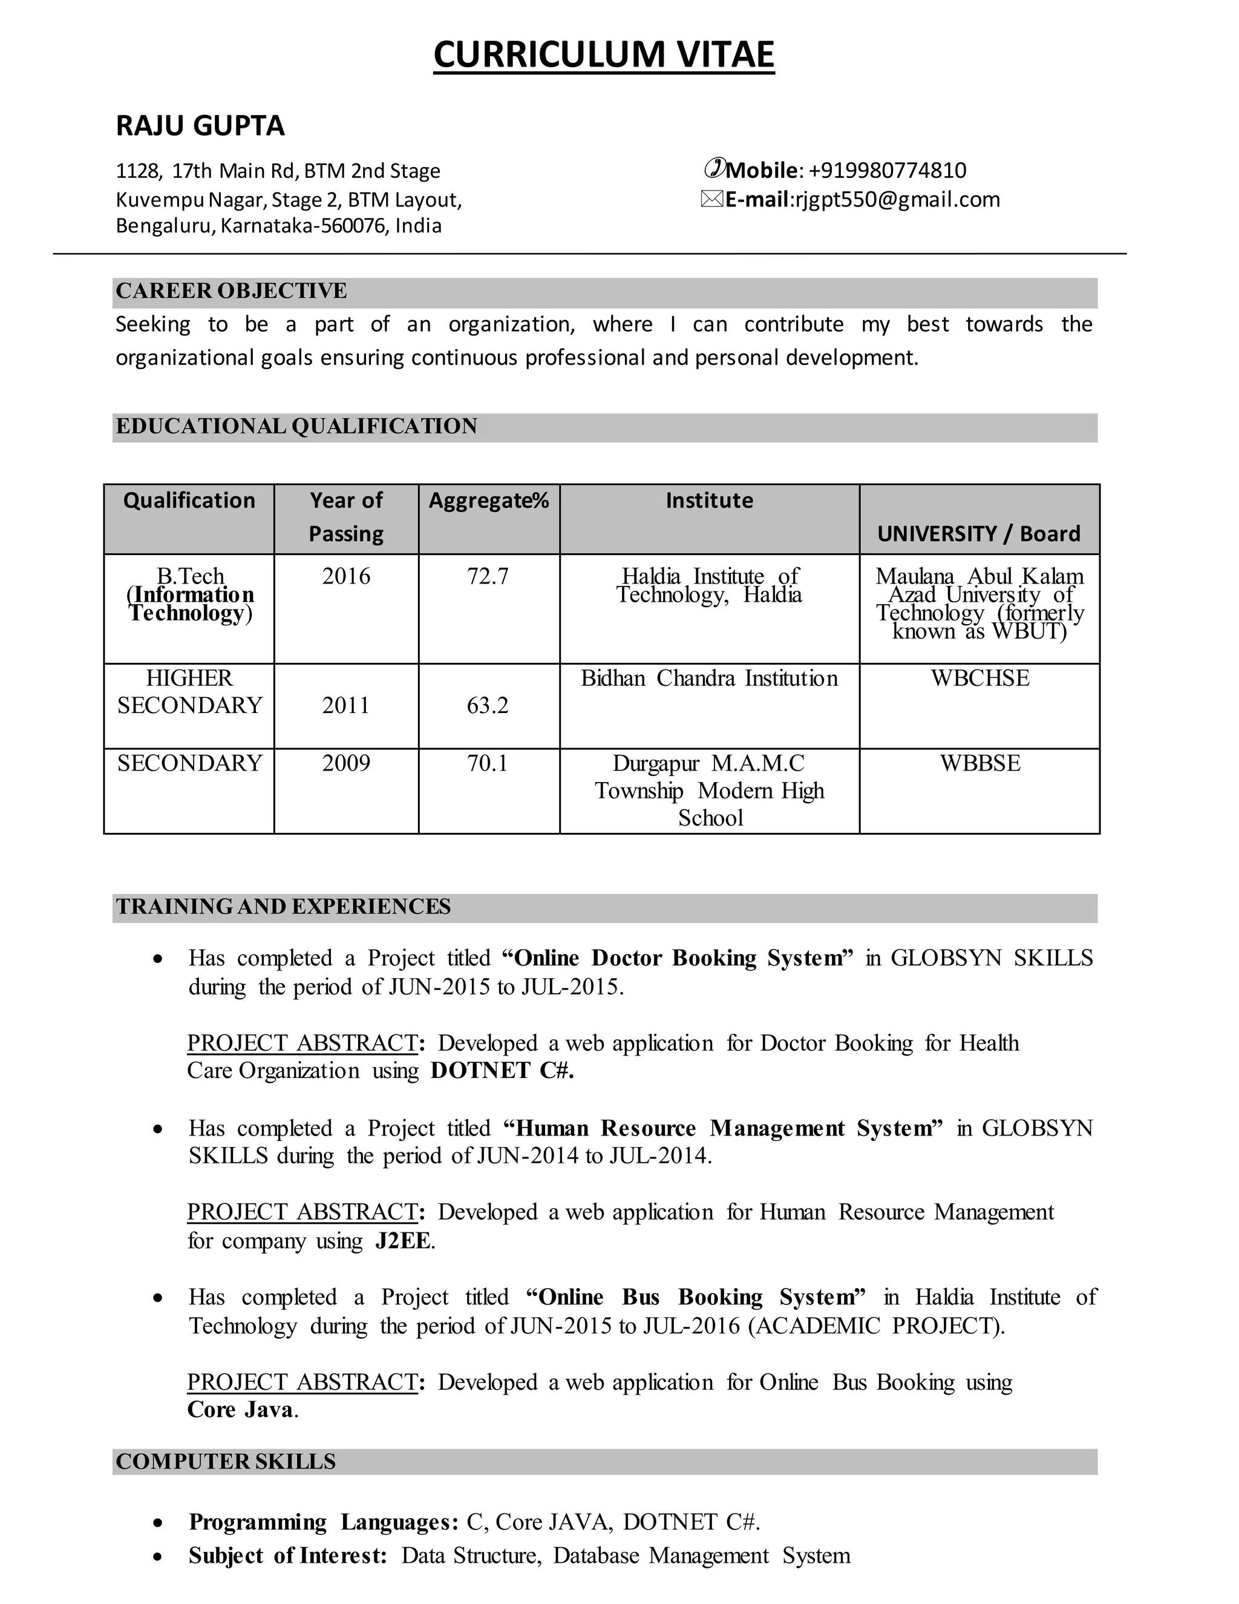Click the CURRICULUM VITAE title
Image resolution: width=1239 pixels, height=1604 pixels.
pos(603,55)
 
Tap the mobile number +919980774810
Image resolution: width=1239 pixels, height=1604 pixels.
pos(887,171)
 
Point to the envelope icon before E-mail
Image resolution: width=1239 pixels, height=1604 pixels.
pos(712,200)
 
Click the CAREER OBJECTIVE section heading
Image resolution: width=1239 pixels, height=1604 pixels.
pos(231,291)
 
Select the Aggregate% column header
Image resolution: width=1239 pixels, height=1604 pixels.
pos(488,501)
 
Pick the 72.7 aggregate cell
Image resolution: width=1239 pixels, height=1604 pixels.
pos(488,576)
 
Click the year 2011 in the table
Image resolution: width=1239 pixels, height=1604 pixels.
pos(345,706)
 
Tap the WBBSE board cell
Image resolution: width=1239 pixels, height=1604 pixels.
pos(980,763)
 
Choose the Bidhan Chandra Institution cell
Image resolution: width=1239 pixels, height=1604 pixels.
pos(709,678)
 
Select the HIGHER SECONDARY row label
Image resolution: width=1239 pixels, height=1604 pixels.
pos(189,692)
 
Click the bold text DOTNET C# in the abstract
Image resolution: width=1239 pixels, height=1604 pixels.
pos(502,1071)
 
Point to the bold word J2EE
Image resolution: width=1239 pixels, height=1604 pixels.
pos(403,1241)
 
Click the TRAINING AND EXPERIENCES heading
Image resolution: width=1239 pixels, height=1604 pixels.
pos(283,907)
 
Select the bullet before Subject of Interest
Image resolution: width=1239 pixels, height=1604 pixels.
pos(158,1557)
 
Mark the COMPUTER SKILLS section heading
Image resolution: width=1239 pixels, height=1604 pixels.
pos(225,1462)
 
